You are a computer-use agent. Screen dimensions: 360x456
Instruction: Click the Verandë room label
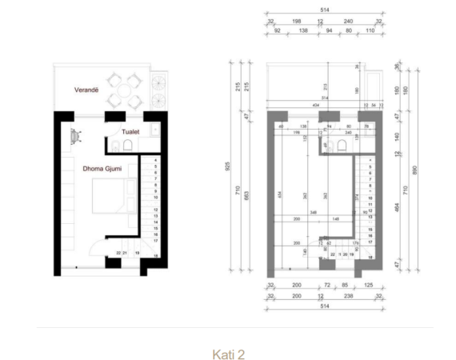[79, 90]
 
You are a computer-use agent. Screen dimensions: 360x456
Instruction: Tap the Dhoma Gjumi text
[98, 169]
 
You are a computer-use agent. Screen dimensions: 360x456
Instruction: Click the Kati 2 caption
[227, 352]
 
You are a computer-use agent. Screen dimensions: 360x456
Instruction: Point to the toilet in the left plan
[118, 143]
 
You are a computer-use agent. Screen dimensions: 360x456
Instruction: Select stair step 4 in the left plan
[154, 161]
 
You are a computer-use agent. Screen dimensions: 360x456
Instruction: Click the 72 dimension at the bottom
[325, 284]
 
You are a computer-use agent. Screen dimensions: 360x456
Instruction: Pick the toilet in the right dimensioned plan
[341, 145]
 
